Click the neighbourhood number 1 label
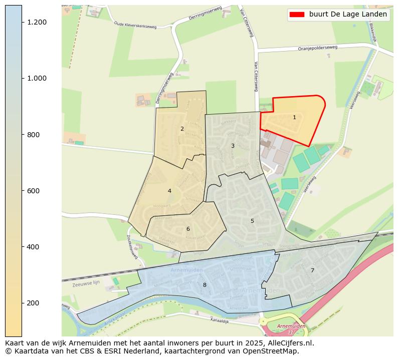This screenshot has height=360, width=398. click(x=294, y=118)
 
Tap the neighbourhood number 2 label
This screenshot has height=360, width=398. click(x=182, y=129)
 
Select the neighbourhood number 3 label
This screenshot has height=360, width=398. click(x=233, y=146)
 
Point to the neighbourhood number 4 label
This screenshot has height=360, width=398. click(x=169, y=191)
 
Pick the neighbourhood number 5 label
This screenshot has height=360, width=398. click(x=252, y=221)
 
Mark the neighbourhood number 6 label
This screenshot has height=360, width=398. click(x=188, y=229)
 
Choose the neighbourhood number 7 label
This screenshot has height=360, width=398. click(x=312, y=270)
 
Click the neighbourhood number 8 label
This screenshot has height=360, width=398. click(x=205, y=285)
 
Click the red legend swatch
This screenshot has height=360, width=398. click(x=297, y=15)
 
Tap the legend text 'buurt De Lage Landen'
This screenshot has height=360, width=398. click(x=348, y=15)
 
